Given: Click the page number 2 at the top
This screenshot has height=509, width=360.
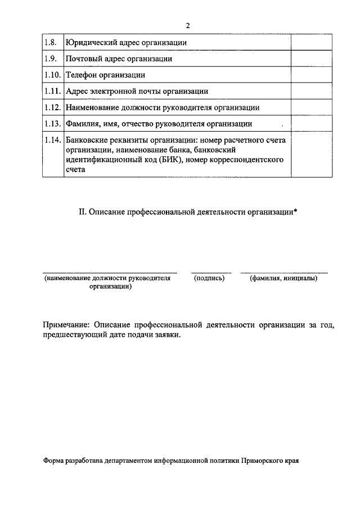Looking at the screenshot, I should tap(187, 26).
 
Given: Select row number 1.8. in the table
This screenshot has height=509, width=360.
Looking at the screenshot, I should tap(51, 42).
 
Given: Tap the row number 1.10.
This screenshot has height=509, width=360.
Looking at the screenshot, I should tap(52, 74).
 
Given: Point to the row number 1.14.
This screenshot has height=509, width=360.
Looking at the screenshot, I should tap(52, 140).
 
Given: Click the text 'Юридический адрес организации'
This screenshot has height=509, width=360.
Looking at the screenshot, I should tap(126, 42).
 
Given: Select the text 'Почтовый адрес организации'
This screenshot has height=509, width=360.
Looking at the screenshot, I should tap(119, 58).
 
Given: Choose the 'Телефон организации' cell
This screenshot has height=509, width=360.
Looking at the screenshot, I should tap(105, 74).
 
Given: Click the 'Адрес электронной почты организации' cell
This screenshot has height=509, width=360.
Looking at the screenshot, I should tap(137, 91).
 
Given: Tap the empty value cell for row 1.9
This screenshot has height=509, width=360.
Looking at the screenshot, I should tap(308, 58).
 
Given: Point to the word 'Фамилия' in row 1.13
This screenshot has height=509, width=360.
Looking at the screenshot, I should tap(83, 123).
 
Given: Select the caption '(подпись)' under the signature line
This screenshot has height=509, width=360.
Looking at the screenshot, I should tap(209, 278).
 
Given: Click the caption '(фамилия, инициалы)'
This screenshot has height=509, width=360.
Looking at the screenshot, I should tap(283, 278).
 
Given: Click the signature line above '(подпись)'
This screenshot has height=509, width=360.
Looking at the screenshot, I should tap(211, 272).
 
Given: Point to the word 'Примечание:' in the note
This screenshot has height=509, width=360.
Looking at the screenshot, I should tap(66, 325).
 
